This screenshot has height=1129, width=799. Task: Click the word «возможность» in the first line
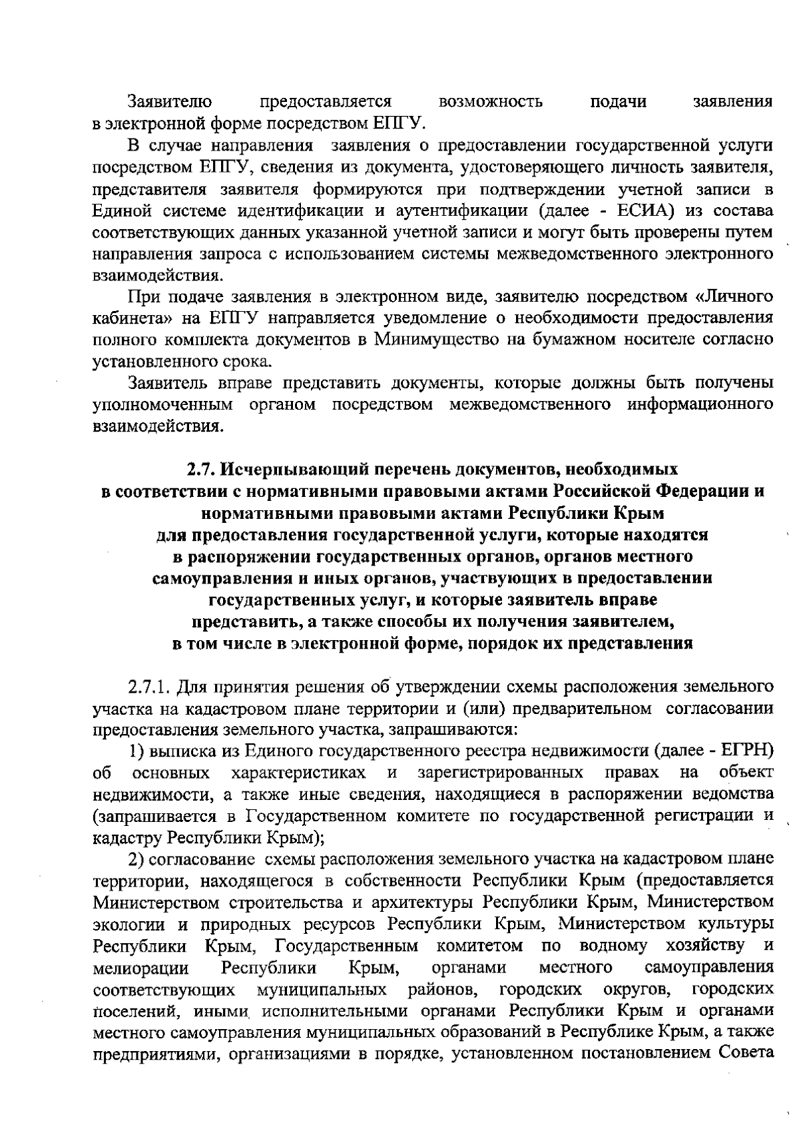491,102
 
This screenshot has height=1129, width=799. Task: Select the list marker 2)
137,859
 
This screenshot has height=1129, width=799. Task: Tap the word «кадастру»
128,837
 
